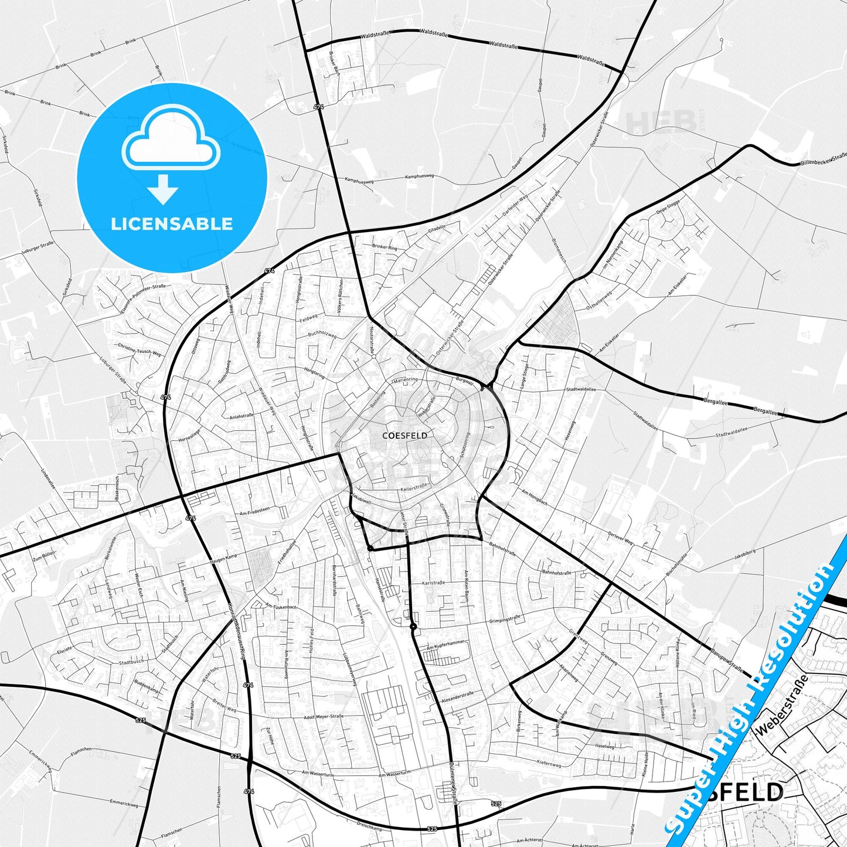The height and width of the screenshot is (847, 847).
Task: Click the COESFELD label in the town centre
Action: coord(404,436)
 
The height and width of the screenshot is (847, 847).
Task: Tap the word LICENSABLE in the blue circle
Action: coord(172,224)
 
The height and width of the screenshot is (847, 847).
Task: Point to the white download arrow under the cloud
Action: coord(163,189)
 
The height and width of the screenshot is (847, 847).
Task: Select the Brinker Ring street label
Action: coord(385,247)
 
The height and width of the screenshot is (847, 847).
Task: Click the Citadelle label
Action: coord(437,227)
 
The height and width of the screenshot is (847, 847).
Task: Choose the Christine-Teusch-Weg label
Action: coord(139,350)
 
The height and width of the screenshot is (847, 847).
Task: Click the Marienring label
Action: coord(406,380)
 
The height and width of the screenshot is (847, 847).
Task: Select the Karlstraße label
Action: coord(434,583)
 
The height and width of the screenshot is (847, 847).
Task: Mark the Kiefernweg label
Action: coord(549,764)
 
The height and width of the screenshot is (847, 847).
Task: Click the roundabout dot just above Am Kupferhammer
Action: coord(413,627)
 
